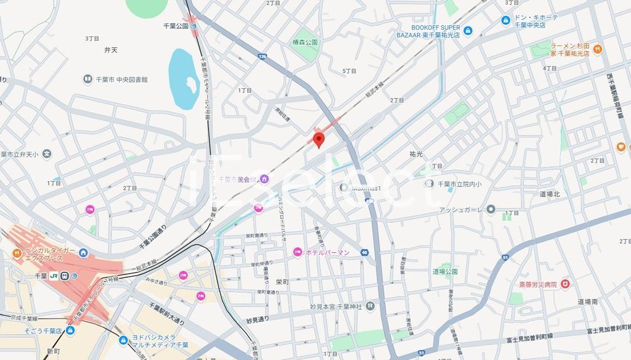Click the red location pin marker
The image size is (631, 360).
(x=318, y=139)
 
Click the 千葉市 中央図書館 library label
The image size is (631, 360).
(x=121, y=80)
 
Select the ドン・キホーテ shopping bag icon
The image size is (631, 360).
(x=506, y=20)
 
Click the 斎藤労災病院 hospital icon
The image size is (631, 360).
(x=565, y=284)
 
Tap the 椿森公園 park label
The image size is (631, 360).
(x=305, y=43)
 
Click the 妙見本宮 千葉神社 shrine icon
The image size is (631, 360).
(x=370, y=306)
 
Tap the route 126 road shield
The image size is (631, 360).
(x=263, y=57)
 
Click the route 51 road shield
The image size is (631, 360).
(x=505, y=257)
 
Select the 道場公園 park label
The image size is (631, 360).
(x=444, y=271)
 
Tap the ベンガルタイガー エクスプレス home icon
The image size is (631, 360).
(x=83, y=252)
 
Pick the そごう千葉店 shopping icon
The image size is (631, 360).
(x=70, y=330)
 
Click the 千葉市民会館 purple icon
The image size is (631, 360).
(x=264, y=179)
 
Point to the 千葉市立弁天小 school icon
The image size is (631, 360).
(x=47, y=154)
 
